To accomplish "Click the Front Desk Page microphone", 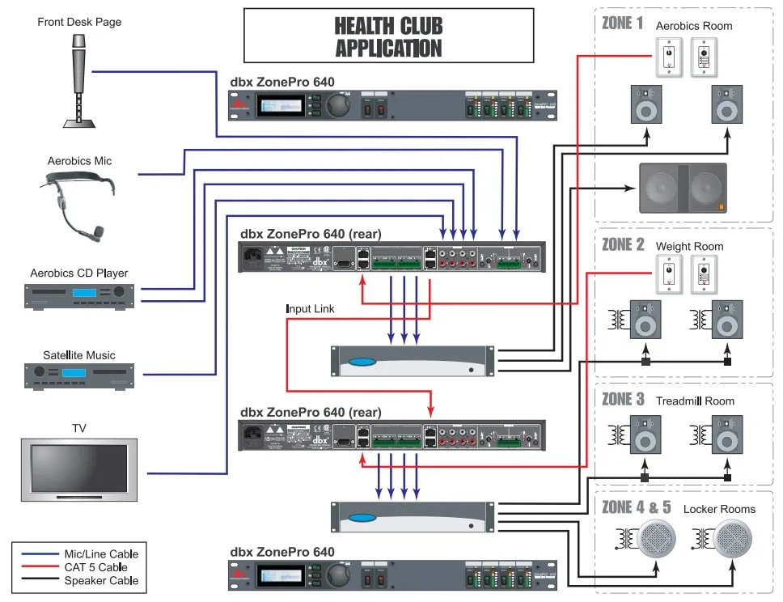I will coord(79,77).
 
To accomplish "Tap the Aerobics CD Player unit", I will coord(79,293).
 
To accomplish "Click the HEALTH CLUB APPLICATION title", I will coord(389,36).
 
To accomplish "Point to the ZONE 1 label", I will coord(622,23).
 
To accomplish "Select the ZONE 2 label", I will coord(623,244).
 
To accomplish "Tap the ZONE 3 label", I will coord(623,399).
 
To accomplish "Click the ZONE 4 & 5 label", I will coord(637,507).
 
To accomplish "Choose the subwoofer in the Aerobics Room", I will coord(682,189).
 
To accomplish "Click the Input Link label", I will coord(310,309).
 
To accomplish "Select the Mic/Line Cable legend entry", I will coord(101,554).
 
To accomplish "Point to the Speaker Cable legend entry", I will coord(101,580).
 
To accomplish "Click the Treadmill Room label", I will coord(695,401).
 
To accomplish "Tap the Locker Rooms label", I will coord(719,509).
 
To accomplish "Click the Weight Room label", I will coord(689,246).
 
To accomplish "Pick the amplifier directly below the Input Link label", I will coord(413,361).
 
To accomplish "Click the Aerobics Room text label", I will coord(693,26).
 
